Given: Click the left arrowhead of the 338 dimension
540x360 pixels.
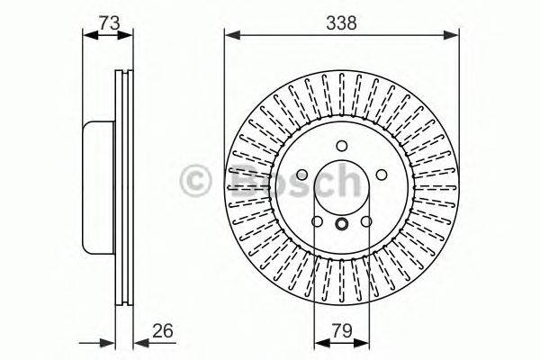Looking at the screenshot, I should click(x=230, y=35).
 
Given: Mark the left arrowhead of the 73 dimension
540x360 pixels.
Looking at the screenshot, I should click(x=88, y=35).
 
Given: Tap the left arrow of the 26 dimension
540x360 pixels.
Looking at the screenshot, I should click(x=110, y=342).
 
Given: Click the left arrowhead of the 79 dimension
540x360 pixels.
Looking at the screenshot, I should click(x=319, y=342).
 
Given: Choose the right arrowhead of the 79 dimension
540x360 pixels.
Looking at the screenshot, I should click(x=364, y=342).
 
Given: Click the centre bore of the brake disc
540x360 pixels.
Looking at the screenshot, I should click(x=342, y=189).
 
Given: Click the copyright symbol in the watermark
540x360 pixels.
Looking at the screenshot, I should click(x=196, y=181).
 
